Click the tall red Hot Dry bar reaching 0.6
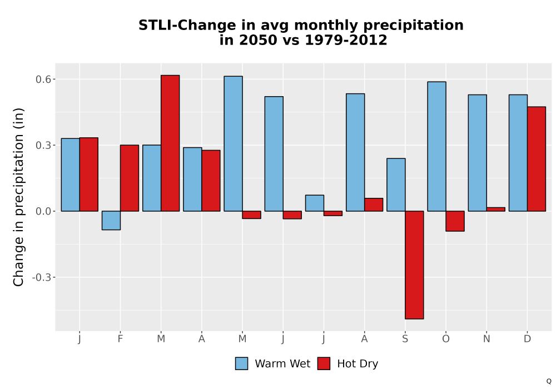coord(170,143)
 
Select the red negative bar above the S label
coord(415,265)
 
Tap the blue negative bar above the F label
coord(111,221)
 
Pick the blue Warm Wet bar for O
coord(436,146)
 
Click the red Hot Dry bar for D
coord(537,159)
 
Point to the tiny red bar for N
coord(496,210)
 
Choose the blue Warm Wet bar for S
coord(396,184)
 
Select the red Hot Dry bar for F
coord(130,178)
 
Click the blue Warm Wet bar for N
coord(477,153)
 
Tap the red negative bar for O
coord(455,221)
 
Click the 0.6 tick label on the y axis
coord(43,79)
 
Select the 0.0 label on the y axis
coord(43,212)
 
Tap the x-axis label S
coord(405,339)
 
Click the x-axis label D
coord(527,339)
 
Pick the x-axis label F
coord(120,339)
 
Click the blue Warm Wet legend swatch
coord(241,363)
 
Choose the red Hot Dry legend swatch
coord(324,363)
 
